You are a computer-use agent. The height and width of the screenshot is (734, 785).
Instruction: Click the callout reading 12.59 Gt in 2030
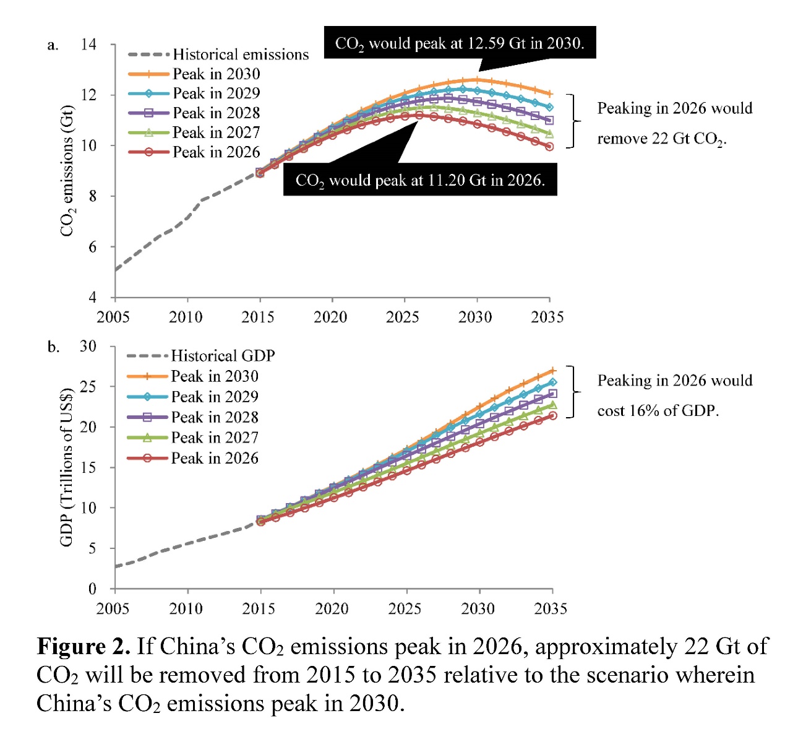[460, 43]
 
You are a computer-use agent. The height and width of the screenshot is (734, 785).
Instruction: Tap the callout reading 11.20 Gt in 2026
[420, 180]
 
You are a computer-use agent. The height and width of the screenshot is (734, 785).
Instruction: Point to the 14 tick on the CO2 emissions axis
[89, 44]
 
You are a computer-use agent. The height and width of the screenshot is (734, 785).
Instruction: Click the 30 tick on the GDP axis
[88, 346]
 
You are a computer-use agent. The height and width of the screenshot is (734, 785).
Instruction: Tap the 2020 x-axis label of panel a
[330, 317]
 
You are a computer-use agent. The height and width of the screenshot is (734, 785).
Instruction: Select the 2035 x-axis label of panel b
[551, 608]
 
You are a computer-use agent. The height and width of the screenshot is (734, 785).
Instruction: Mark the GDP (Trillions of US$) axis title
[66, 467]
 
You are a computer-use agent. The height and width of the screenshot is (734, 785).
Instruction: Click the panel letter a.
[53, 45]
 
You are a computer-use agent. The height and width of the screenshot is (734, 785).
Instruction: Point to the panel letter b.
[54, 347]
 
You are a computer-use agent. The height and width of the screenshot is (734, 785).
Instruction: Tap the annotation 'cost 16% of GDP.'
[658, 411]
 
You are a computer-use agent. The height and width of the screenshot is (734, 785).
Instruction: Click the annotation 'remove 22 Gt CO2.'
[661, 139]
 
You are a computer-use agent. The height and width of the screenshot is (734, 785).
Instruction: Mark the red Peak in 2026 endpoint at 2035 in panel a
[549, 147]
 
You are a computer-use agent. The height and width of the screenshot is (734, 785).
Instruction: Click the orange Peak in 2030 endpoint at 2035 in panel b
[552, 371]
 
